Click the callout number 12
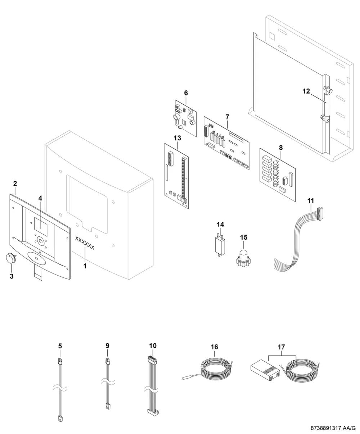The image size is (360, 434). pos(306,91)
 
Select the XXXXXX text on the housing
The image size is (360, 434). pos(85,243)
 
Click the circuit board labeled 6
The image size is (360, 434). pos(186,118)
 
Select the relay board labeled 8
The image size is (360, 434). pos(278,175)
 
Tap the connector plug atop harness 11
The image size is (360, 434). pos(319,213)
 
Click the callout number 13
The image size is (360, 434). pos(177,138)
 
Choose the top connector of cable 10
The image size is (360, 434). pos(152,360)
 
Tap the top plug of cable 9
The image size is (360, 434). pos(108,361)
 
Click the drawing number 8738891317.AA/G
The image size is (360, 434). pos(333,428)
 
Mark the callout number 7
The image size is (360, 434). pos(227,117)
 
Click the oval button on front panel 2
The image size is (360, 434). pos(36,259)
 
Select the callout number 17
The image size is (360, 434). pos(282,347)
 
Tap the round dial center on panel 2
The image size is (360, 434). pos(41,241)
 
